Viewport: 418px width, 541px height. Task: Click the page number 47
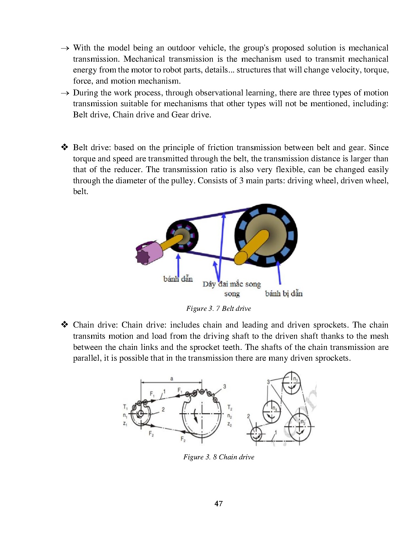click(x=218, y=503)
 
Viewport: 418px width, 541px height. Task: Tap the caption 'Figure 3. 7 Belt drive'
click(x=218, y=308)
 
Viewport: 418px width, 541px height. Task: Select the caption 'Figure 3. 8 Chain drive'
click(x=219, y=457)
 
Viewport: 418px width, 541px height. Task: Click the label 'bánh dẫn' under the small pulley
click(x=178, y=279)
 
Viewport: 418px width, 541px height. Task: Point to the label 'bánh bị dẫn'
click(x=284, y=293)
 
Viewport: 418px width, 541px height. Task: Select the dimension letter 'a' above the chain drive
click(x=171, y=379)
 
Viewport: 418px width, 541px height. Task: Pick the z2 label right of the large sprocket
click(x=229, y=425)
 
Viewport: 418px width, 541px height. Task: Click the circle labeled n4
click(x=272, y=411)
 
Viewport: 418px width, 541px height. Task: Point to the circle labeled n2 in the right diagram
click(x=299, y=427)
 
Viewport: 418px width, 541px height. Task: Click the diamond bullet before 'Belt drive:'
click(x=64, y=147)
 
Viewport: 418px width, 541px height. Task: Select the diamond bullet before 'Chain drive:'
click(x=64, y=325)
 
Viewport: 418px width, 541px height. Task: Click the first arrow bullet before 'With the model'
click(x=65, y=48)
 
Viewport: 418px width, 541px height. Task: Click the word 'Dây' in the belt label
click(x=209, y=284)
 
